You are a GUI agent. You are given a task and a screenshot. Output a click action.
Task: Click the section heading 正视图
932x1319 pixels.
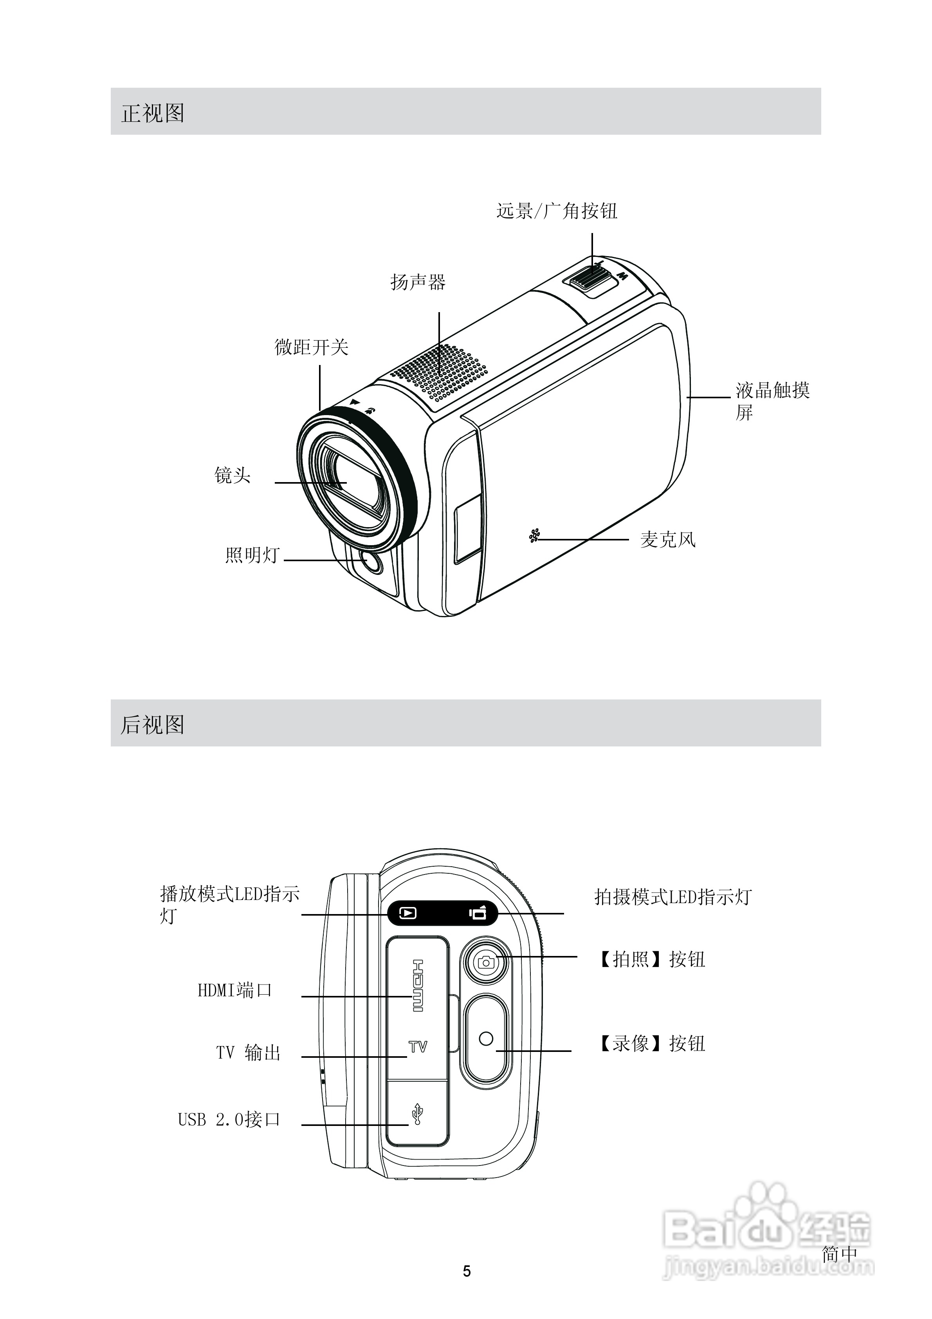click(x=153, y=113)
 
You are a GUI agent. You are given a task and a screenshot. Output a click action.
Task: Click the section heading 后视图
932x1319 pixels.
click(x=153, y=725)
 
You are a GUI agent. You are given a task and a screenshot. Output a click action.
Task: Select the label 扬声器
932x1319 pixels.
click(x=418, y=282)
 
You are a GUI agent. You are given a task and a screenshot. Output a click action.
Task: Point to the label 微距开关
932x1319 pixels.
click(x=311, y=347)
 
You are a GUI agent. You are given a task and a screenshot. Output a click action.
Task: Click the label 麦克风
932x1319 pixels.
click(x=668, y=539)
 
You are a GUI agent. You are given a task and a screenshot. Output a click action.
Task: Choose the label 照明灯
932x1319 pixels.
click(x=252, y=555)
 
